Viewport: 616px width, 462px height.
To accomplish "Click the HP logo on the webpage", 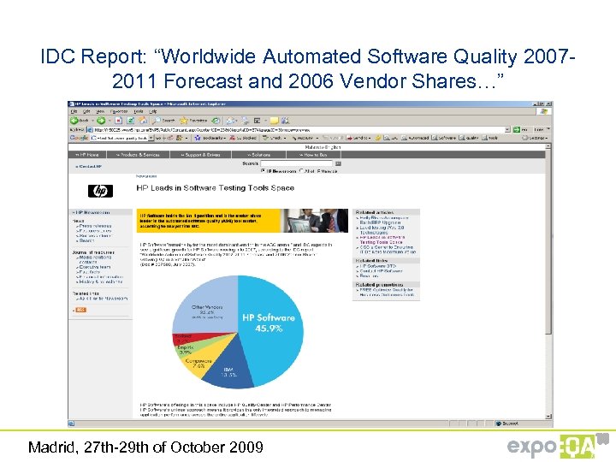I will (x=100, y=191).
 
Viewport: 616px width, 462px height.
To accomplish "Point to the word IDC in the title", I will (x=56, y=57).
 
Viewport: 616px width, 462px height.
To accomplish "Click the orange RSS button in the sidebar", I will (x=80, y=309).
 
